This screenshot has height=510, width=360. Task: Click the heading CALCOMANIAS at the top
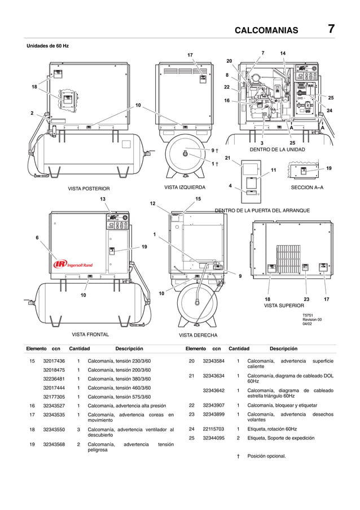tap(266, 30)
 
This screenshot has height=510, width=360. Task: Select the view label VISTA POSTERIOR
tap(89, 189)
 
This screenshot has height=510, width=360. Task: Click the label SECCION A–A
tap(308, 187)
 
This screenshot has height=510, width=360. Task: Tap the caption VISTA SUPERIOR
tap(284, 306)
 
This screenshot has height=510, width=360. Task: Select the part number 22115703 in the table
tap(214, 429)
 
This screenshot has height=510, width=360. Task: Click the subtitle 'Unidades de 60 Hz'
tap(48, 45)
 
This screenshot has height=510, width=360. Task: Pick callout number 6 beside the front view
tap(38, 238)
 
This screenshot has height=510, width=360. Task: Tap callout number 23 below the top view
tap(306, 299)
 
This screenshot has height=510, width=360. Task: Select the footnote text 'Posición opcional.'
tap(267, 456)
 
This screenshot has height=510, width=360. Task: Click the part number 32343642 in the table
tap(214, 390)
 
